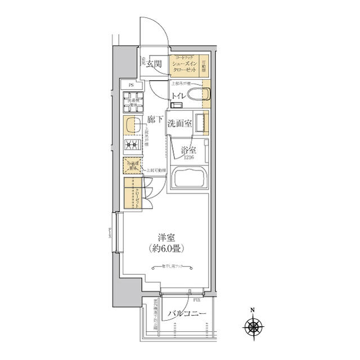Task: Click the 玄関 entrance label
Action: (155, 64)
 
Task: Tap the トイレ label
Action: (179, 95)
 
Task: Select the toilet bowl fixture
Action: (197, 94)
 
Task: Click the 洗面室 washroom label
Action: (179, 124)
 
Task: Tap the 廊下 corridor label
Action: (155, 119)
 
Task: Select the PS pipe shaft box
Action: (131, 85)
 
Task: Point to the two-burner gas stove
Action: (133, 146)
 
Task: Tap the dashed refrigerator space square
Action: (132, 166)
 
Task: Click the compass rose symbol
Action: (254, 326)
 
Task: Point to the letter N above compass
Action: (253, 310)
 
